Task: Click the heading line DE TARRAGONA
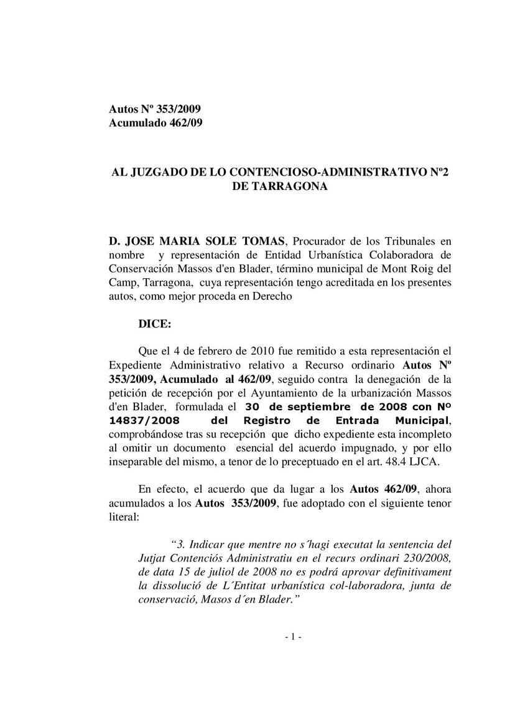pos(279,186)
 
